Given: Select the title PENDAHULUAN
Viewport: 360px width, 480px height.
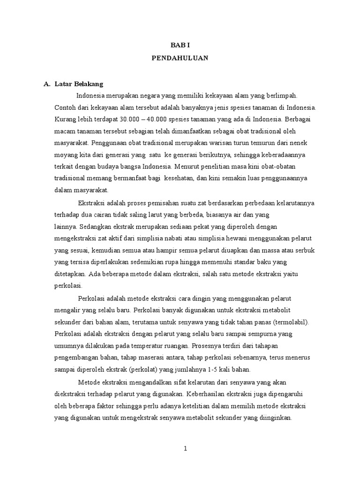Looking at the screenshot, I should (x=180, y=59).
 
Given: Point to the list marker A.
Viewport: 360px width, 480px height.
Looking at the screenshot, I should (x=46, y=84).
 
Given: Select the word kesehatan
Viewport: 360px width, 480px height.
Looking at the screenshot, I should (x=155, y=178).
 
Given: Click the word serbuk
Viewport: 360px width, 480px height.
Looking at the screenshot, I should (x=306, y=250).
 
